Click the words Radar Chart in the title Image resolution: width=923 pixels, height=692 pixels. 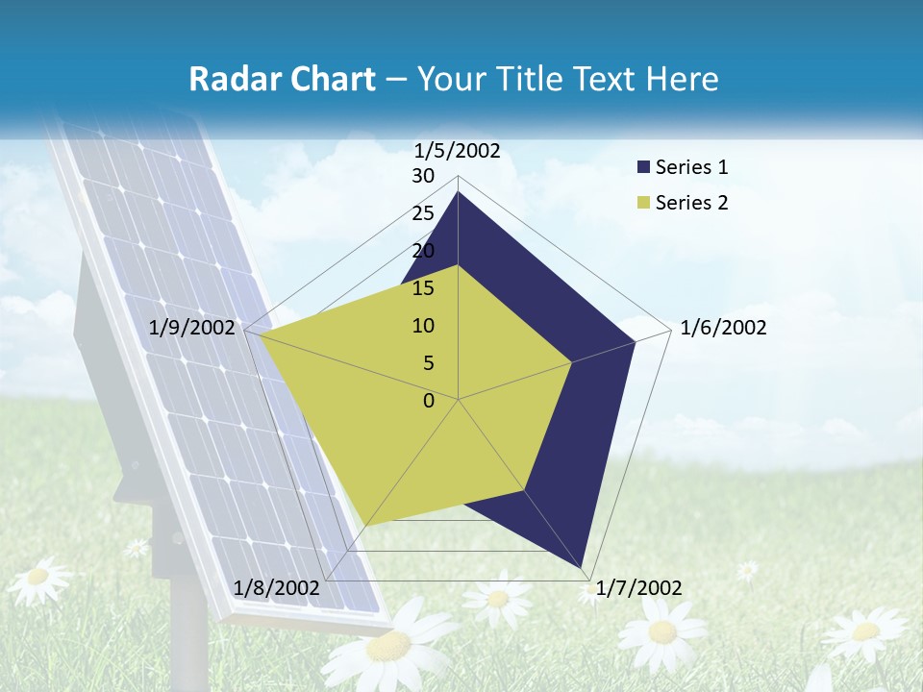[x=282, y=80]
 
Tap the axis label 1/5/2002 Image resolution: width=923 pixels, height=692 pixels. [x=458, y=150]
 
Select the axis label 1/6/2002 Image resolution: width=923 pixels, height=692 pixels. [x=723, y=328]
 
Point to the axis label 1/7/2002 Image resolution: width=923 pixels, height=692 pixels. [x=638, y=588]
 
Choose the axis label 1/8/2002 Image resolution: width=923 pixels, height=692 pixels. [x=277, y=588]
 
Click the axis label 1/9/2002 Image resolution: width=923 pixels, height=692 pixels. [x=192, y=328]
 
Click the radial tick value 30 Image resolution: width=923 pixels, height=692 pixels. [x=423, y=176]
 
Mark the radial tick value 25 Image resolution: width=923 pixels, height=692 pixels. [x=423, y=213]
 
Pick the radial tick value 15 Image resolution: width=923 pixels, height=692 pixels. [x=423, y=288]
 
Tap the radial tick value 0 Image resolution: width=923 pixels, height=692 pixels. [x=429, y=401]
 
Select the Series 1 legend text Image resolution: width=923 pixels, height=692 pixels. [x=691, y=167]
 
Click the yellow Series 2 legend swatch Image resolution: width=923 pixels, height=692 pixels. [x=643, y=203]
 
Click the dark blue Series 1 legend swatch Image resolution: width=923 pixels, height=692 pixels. [x=643, y=167]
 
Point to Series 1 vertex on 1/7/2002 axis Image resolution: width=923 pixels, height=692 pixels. [x=583, y=567]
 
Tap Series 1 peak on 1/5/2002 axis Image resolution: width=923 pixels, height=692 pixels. [x=459, y=191]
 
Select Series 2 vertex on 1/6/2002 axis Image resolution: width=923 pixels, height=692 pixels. [x=572, y=362]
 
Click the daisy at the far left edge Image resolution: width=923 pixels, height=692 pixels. [x=37, y=579]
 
